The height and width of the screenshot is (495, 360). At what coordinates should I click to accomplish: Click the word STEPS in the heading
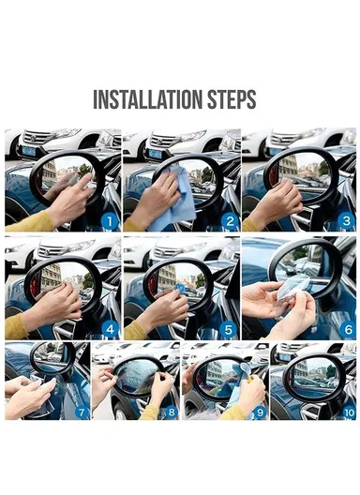coord(229,100)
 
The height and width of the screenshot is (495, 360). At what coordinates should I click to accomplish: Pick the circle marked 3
coord(345,221)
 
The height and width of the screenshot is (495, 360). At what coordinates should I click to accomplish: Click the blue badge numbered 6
coord(345,328)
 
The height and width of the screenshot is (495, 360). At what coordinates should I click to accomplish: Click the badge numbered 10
coord(347,411)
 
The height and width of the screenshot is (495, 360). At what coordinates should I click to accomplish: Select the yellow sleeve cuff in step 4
coord(16,324)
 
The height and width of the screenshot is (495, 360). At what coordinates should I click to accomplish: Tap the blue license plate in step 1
coord(28,151)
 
